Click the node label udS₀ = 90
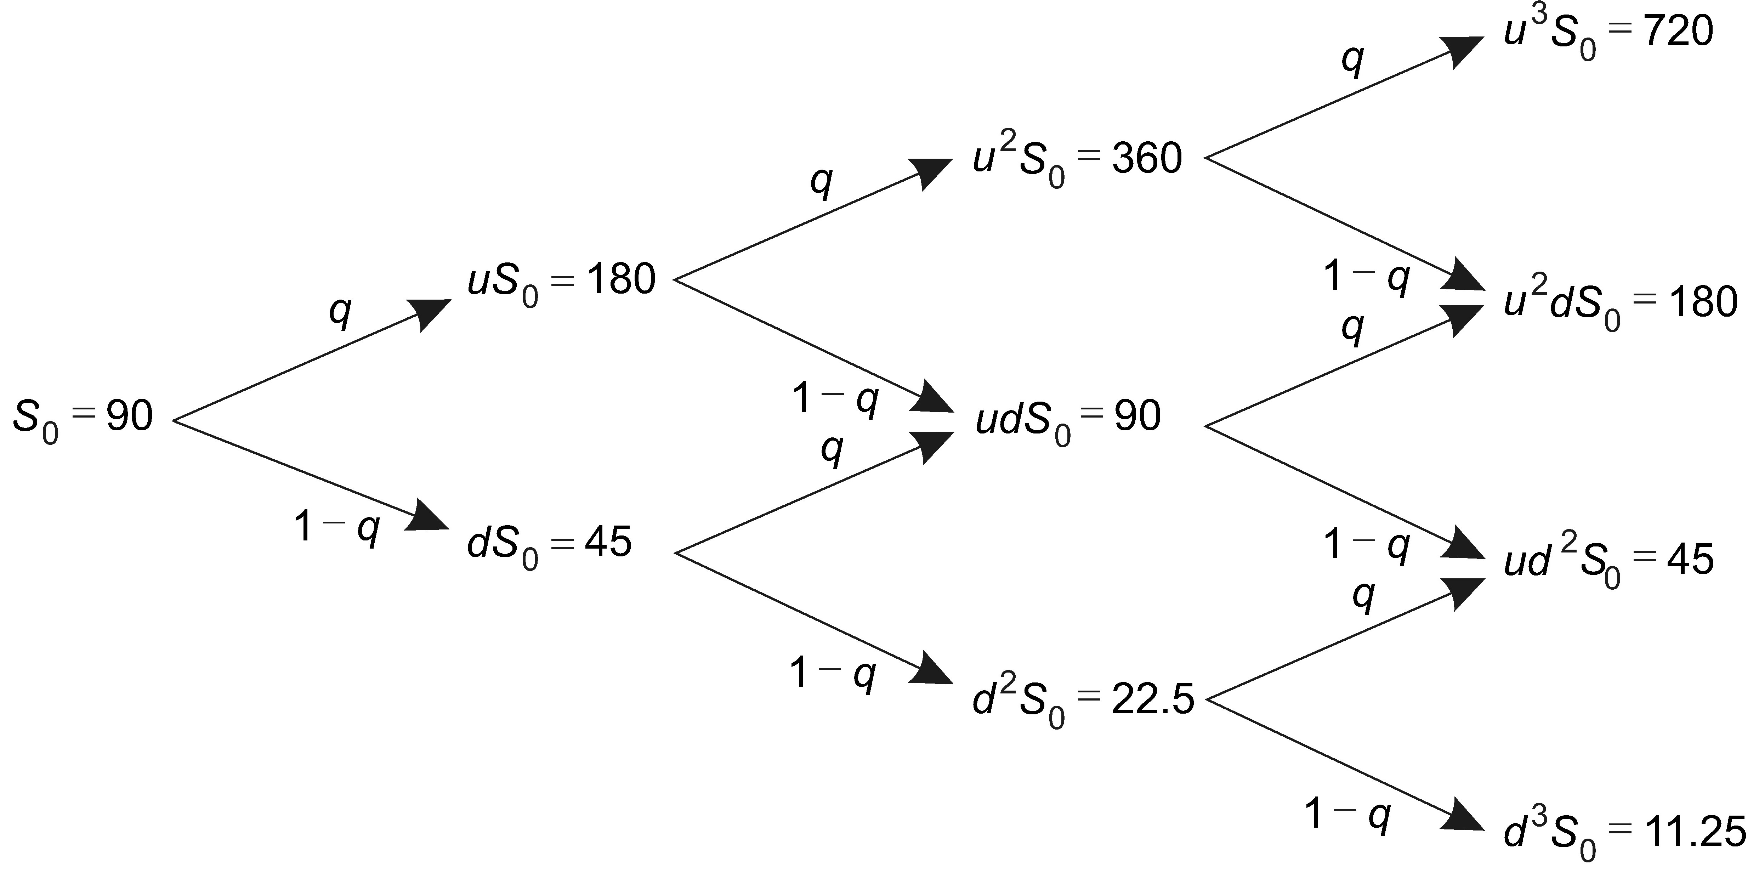coord(1067,418)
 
